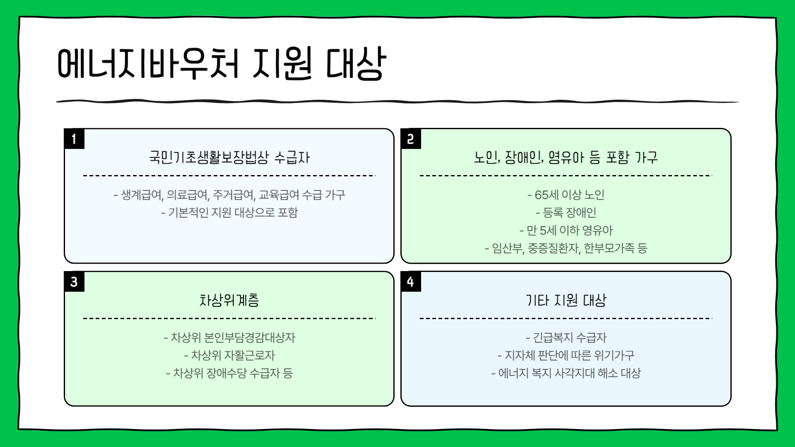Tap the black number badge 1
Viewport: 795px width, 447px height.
coord(74,139)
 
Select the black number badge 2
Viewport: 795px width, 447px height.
coord(411,139)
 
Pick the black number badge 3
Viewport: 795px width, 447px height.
coord(74,282)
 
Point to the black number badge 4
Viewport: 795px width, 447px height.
coord(411,282)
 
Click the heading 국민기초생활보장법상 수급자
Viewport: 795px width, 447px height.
coord(229,157)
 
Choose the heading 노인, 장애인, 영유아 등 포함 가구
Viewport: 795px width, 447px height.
coord(566,157)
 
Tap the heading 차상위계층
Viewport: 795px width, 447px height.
coord(229,300)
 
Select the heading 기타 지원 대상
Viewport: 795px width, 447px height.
coord(566,300)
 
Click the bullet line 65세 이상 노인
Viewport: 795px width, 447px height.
coord(566,195)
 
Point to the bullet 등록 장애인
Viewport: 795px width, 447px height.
coord(566,213)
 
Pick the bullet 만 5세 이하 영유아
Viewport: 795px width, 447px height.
coord(566,231)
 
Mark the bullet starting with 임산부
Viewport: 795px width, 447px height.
coord(566,248)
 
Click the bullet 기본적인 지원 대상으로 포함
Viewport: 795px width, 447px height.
coord(229,213)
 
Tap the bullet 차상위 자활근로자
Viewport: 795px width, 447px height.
coord(229,356)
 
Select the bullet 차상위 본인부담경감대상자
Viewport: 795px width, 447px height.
coord(229,338)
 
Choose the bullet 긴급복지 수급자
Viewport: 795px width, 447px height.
coord(566,338)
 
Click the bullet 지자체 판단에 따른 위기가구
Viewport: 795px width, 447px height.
coord(566,356)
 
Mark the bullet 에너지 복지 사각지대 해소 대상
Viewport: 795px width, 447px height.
coord(566,373)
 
